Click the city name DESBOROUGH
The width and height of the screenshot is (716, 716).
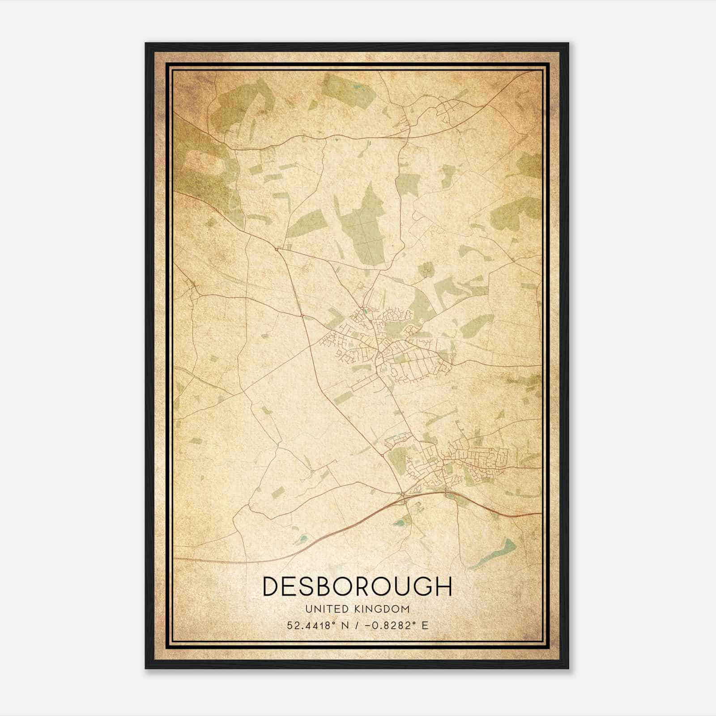pyautogui.click(x=357, y=586)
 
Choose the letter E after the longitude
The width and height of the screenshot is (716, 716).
pyautogui.click(x=425, y=625)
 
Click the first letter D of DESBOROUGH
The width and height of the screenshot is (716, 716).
pyautogui.click(x=272, y=586)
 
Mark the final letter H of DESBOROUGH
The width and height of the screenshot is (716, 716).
pyautogui.click(x=443, y=586)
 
